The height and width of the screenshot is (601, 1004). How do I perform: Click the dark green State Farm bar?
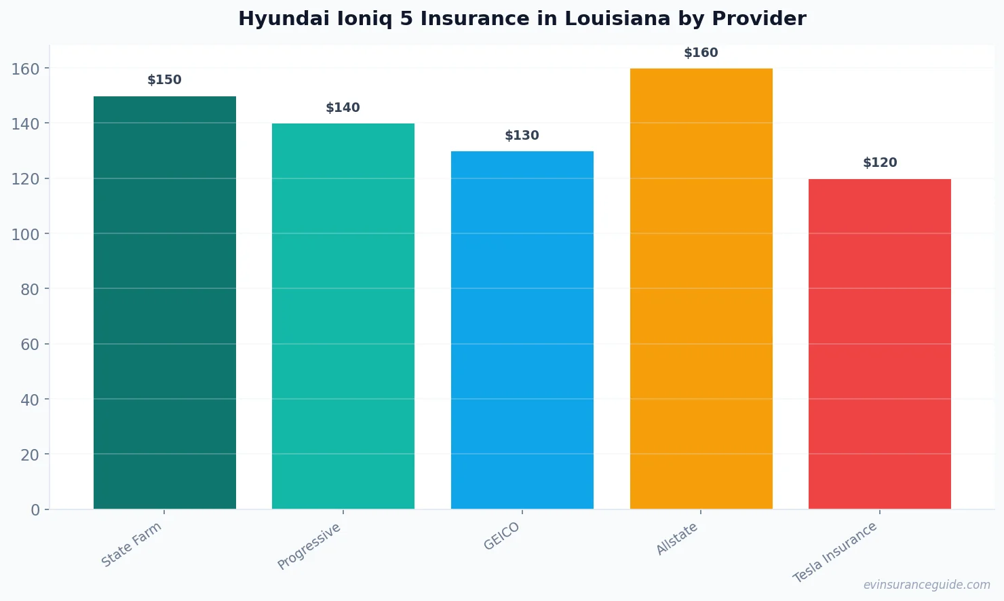click(165, 303)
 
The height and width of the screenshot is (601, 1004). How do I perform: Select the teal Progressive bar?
click(343, 316)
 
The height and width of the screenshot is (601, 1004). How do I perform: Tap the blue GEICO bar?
click(522, 330)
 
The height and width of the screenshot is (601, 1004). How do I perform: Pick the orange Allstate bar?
click(701, 288)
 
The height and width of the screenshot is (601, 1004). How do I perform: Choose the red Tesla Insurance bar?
click(880, 344)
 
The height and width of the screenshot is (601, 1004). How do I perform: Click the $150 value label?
click(165, 80)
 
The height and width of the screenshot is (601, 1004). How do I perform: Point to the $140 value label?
click(343, 108)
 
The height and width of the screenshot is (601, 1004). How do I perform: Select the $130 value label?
click(522, 136)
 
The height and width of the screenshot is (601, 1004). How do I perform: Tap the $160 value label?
click(701, 53)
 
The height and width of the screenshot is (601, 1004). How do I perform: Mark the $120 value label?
click(880, 163)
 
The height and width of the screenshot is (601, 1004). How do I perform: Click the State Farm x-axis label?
click(132, 545)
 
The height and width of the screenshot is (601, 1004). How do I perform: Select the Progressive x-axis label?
click(309, 547)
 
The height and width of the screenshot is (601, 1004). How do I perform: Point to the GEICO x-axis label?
click(502, 537)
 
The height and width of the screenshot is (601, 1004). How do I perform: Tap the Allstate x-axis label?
click(677, 539)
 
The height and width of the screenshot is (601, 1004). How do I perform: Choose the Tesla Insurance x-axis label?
click(836, 552)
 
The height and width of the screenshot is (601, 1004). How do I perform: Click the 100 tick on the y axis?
click(26, 234)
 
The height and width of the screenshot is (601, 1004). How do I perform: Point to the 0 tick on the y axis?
click(35, 510)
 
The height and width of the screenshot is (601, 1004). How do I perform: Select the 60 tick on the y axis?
click(30, 345)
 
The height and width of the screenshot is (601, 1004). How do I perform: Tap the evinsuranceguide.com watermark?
click(927, 585)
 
